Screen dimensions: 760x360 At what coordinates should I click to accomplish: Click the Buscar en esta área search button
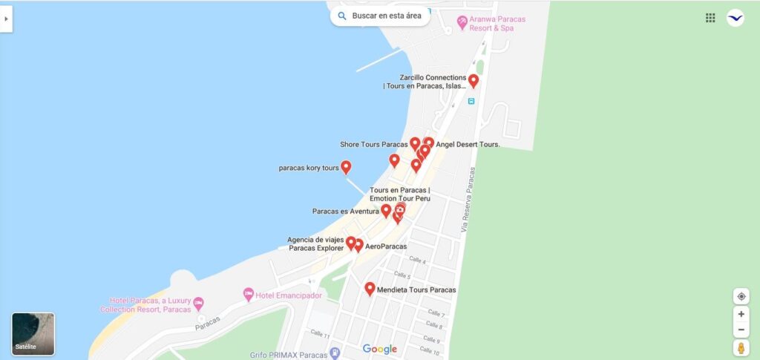click(380, 16)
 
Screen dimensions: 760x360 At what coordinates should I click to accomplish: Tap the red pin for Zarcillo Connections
click(474, 81)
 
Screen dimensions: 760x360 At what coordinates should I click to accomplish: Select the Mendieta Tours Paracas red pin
click(370, 289)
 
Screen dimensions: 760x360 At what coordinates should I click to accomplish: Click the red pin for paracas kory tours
click(346, 167)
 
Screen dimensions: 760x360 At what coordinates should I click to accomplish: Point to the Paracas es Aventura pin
click(386, 211)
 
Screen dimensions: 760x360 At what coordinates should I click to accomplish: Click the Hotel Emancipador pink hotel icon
click(249, 295)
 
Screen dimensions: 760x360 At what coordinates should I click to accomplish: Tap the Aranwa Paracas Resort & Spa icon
click(462, 22)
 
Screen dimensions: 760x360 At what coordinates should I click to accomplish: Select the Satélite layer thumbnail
click(33, 333)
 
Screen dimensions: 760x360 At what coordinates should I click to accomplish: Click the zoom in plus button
click(741, 314)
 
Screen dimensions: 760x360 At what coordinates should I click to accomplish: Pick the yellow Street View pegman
click(741, 347)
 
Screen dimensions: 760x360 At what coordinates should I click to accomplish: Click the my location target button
click(741, 296)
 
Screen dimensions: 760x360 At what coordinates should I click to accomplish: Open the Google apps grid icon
click(710, 18)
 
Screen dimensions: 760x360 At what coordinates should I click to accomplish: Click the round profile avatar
click(735, 18)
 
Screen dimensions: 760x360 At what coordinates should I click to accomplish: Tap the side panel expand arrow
click(6, 19)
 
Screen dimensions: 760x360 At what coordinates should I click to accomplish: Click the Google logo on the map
click(380, 349)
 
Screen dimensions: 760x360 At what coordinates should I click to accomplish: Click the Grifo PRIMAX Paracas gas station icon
click(335, 353)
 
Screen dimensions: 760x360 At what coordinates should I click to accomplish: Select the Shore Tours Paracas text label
click(374, 144)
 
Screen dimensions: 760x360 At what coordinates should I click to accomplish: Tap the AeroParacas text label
click(386, 246)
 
